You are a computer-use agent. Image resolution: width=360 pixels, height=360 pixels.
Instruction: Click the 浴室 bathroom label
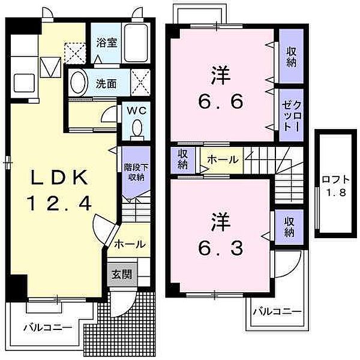click(x=107, y=43)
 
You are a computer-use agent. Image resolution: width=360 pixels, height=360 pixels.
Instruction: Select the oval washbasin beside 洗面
click(x=79, y=83)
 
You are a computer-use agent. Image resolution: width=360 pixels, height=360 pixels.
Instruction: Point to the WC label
click(x=137, y=111)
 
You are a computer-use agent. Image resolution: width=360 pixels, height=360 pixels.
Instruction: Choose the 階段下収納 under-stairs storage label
click(x=136, y=172)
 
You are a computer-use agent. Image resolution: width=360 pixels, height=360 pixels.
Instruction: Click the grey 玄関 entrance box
click(x=122, y=275)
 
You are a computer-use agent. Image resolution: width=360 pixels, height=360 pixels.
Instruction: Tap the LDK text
click(x=59, y=178)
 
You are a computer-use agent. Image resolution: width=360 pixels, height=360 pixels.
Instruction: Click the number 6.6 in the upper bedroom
click(x=220, y=101)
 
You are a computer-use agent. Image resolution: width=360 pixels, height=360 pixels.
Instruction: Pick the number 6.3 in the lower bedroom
click(x=220, y=248)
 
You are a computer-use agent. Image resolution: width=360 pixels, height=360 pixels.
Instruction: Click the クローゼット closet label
click(x=292, y=116)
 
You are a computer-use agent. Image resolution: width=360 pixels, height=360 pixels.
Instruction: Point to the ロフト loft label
click(x=335, y=179)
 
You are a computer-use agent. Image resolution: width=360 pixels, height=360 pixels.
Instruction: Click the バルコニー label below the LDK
click(x=48, y=327)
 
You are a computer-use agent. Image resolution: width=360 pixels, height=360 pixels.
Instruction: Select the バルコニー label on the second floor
click(x=277, y=312)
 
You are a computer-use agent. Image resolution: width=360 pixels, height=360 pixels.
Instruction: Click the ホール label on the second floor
click(x=223, y=160)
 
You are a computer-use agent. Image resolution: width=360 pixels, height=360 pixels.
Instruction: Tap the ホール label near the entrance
click(x=130, y=244)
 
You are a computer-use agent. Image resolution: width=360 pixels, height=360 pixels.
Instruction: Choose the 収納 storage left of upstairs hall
click(x=183, y=160)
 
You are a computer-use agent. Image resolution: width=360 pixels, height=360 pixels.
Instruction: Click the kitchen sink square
click(x=24, y=83)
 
